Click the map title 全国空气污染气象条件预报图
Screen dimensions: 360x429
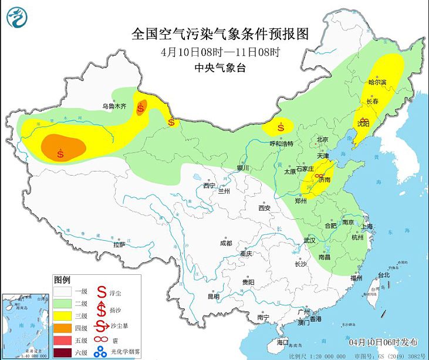219,33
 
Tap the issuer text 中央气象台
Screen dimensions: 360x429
219,68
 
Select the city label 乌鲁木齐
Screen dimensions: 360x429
114,106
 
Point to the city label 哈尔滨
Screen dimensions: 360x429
377,83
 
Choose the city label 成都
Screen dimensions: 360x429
225,243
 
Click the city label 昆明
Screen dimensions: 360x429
214,297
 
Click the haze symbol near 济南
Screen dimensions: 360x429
317,176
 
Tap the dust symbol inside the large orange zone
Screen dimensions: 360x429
61,154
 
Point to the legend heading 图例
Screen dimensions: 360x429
62,279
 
